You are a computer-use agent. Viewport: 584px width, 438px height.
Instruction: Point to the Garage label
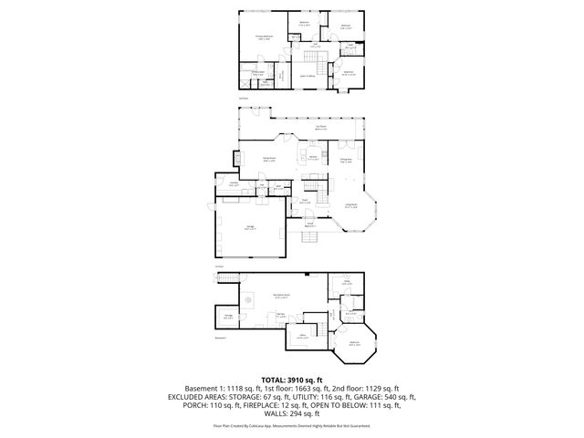(249, 229)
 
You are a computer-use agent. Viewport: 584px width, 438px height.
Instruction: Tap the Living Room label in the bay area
(350, 206)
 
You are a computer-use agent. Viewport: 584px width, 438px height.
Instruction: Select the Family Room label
(270, 159)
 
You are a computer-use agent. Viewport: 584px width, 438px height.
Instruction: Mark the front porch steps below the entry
(309, 238)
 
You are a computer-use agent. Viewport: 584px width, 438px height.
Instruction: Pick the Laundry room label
(234, 184)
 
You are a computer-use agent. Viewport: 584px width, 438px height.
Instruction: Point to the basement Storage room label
(228, 318)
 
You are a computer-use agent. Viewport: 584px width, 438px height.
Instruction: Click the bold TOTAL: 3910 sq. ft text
(292, 379)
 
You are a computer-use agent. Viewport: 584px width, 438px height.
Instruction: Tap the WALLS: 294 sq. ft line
(292, 415)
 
